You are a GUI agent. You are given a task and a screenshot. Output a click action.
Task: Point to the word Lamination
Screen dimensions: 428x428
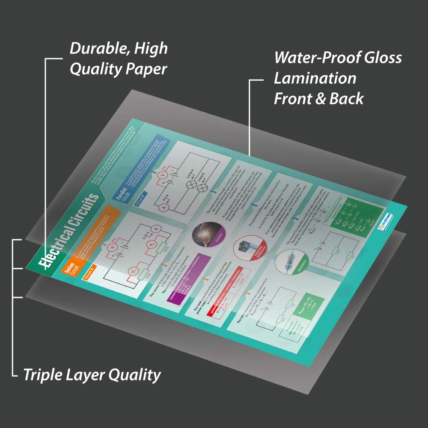(315, 78)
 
